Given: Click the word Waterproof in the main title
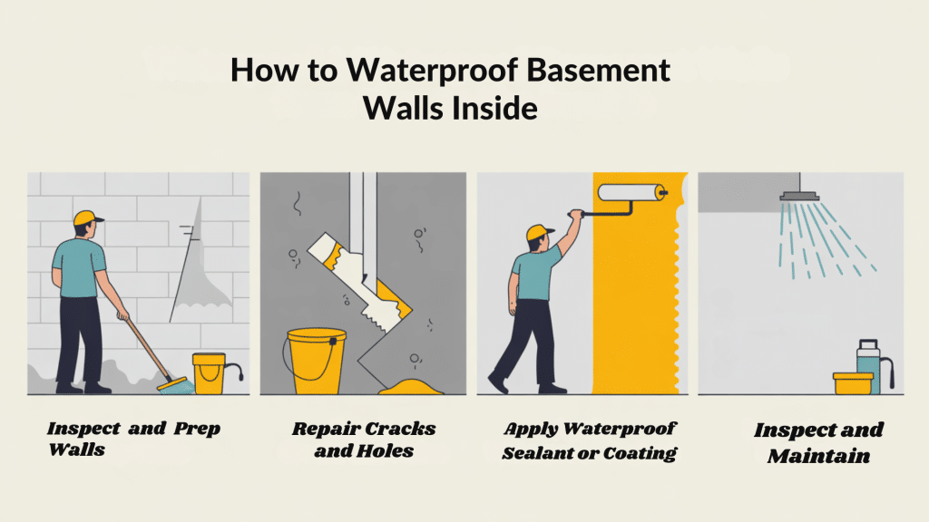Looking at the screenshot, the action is pos(433,71).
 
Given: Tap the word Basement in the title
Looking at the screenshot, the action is pos(599,70).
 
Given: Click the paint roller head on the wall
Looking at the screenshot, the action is pos(631,192).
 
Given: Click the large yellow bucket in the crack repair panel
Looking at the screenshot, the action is pos(316,361).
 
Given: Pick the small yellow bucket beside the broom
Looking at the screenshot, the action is pos(210,373).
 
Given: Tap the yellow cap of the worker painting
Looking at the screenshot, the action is pos(539,232).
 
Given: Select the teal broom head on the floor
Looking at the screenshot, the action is pos(177,386).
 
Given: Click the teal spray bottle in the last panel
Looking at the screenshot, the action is pos(868,366).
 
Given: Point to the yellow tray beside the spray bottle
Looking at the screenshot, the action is pos(853,383).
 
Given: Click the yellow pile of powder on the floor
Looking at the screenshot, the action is pos(411,388).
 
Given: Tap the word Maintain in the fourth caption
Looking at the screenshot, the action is pos(819,457).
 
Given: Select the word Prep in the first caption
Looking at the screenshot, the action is pos(197,429).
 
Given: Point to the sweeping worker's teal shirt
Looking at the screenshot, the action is pos(78,267).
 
